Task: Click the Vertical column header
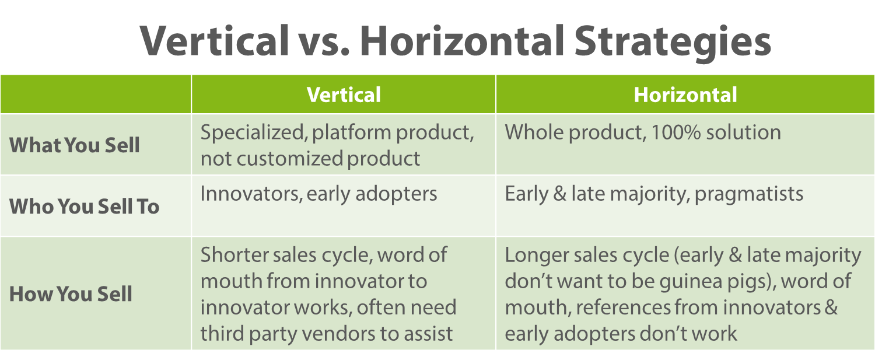(x=344, y=95)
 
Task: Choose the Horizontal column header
(x=685, y=95)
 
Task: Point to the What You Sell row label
(x=75, y=145)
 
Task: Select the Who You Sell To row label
(x=85, y=207)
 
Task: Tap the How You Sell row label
(x=71, y=293)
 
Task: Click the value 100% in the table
(x=675, y=132)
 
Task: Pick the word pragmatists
(x=749, y=195)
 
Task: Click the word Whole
(x=534, y=132)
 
